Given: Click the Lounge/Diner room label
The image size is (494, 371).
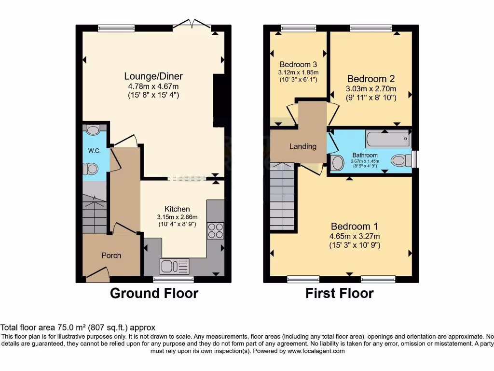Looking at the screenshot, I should (153, 76).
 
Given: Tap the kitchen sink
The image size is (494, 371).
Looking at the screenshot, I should (175, 266).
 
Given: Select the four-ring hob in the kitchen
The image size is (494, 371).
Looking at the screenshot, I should (215, 230).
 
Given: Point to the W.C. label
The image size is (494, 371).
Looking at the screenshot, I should (94, 151).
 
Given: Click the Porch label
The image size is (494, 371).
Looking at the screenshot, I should (111, 256).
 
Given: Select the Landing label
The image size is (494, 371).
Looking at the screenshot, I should (303, 146).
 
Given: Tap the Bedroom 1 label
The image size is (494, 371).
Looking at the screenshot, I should (355, 227).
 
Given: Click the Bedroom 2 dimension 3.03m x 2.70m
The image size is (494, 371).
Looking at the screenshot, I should (371, 89).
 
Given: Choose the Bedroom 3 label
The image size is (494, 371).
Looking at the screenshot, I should (298, 64).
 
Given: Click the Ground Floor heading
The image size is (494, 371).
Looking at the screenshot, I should (154, 293).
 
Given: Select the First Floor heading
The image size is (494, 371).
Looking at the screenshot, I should (340, 293).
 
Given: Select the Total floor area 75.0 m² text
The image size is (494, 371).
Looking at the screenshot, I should (78, 327).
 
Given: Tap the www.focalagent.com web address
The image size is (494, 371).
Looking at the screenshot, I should (316, 351).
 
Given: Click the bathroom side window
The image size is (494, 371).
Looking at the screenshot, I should (416, 159).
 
